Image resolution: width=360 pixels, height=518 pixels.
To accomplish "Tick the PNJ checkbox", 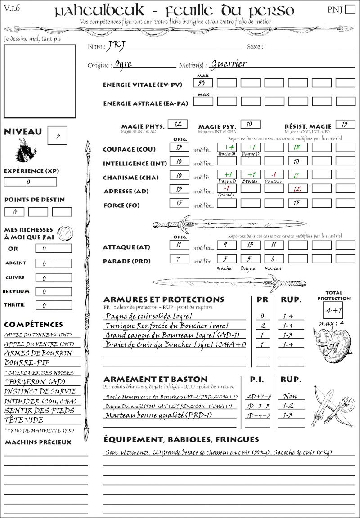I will tap(349, 10).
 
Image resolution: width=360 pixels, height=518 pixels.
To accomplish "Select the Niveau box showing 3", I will tap(58, 135).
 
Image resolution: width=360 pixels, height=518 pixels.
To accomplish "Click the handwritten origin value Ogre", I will tap(123, 64).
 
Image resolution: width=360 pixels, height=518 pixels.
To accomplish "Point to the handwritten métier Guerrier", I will tap(229, 63).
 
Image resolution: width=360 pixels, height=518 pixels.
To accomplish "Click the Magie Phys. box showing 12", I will tap(177, 124).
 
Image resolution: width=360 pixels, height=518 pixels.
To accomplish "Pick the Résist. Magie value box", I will tap(345, 124).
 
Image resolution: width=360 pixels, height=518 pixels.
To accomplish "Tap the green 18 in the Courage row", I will tap(297, 147).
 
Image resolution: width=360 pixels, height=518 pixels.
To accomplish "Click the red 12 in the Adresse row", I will tap(297, 189).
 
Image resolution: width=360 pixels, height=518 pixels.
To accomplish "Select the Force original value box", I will tap(179, 203).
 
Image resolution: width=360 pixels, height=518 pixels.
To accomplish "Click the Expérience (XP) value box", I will tap(31, 182).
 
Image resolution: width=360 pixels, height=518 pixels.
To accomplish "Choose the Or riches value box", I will tap(53, 248).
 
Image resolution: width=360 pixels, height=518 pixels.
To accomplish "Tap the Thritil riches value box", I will tap(53, 305).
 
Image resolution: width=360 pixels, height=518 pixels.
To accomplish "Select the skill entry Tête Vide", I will tap(24, 420).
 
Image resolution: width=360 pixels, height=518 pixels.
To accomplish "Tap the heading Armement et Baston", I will tap(155, 379).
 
